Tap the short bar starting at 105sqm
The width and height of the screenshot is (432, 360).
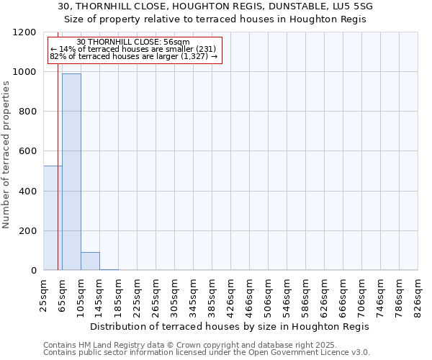point(90,261)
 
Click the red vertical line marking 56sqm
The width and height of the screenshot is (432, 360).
point(58,180)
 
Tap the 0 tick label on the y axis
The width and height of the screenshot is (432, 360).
point(32,271)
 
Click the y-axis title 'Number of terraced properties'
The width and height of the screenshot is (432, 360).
point(7,154)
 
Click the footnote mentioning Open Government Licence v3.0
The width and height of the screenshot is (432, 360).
point(207,353)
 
